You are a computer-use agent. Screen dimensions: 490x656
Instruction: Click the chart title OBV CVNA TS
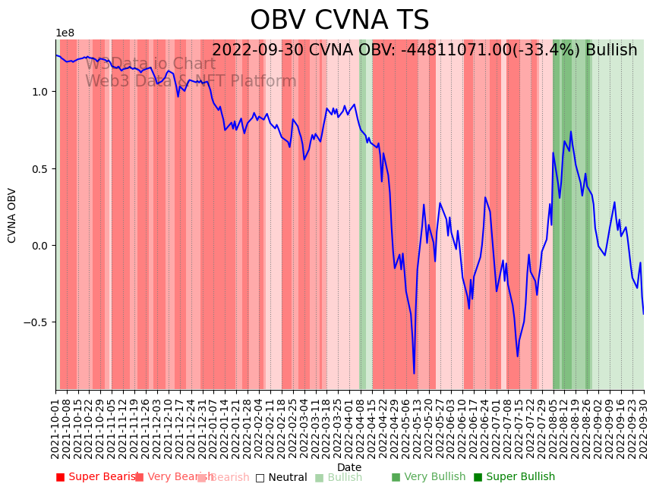[339, 20]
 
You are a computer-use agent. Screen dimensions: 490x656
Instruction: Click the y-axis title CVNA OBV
[12, 215]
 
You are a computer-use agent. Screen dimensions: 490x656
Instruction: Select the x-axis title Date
[349, 467]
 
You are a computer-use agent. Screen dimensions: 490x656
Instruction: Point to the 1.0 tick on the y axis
[39, 92]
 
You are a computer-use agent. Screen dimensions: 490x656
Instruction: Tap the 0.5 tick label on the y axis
[39, 169]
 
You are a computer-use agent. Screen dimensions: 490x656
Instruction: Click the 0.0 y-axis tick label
[39, 246]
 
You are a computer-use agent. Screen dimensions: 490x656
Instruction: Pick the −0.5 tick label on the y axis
[36, 322]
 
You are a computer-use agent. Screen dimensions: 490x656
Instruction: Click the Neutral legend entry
[282, 477]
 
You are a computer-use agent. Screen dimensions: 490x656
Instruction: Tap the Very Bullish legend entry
[429, 477]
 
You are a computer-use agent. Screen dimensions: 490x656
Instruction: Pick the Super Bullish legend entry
[515, 477]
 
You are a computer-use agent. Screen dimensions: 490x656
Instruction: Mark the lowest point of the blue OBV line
[414, 373]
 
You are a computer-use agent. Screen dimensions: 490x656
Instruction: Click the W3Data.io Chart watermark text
[150, 64]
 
